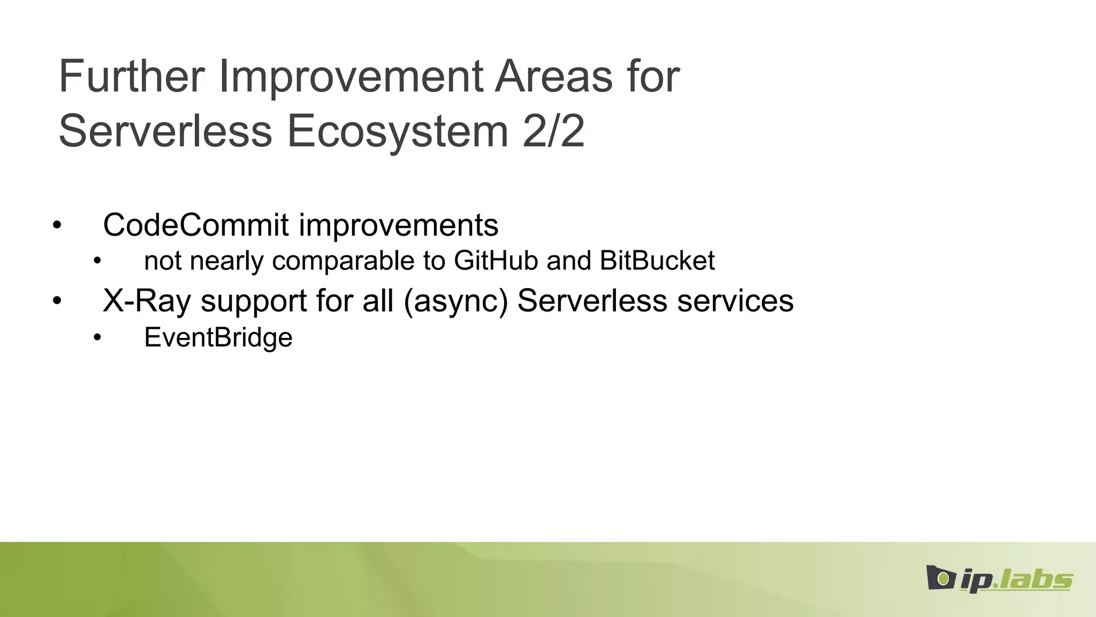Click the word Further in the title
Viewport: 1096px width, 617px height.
tap(132, 76)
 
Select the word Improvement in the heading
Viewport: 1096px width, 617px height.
tap(351, 76)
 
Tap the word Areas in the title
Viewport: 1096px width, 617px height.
tap(553, 76)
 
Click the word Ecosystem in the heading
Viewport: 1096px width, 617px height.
tap(397, 131)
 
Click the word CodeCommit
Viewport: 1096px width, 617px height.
tap(196, 225)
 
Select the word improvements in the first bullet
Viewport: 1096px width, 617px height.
tap(399, 225)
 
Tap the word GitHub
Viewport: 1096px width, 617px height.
tap(496, 261)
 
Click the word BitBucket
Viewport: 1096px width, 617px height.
tap(657, 261)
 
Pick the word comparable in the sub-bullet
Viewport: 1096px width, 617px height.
tap(343, 261)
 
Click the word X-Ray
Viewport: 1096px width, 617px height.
tap(147, 300)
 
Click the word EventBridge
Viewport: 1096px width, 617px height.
tap(218, 337)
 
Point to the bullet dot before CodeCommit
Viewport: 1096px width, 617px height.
tap(57, 225)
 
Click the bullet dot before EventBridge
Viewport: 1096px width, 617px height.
tap(97, 338)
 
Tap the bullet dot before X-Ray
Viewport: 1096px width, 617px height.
tap(57, 301)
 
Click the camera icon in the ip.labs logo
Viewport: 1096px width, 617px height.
tap(940, 577)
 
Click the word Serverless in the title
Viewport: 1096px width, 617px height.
tap(165, 131)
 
